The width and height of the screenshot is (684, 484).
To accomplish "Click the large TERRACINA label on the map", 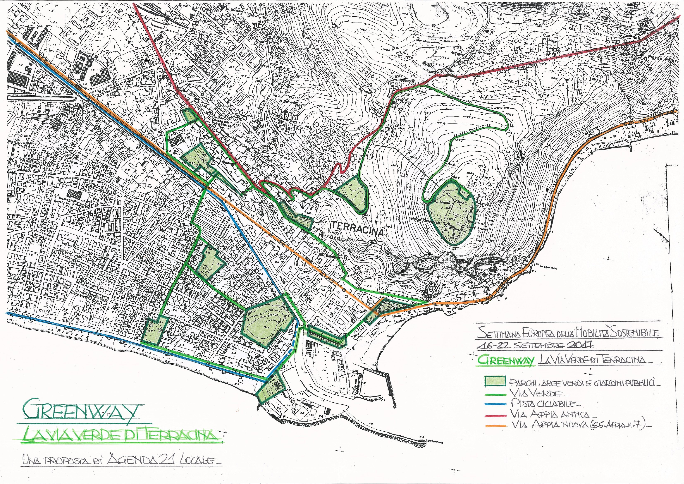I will click(357, 231).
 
